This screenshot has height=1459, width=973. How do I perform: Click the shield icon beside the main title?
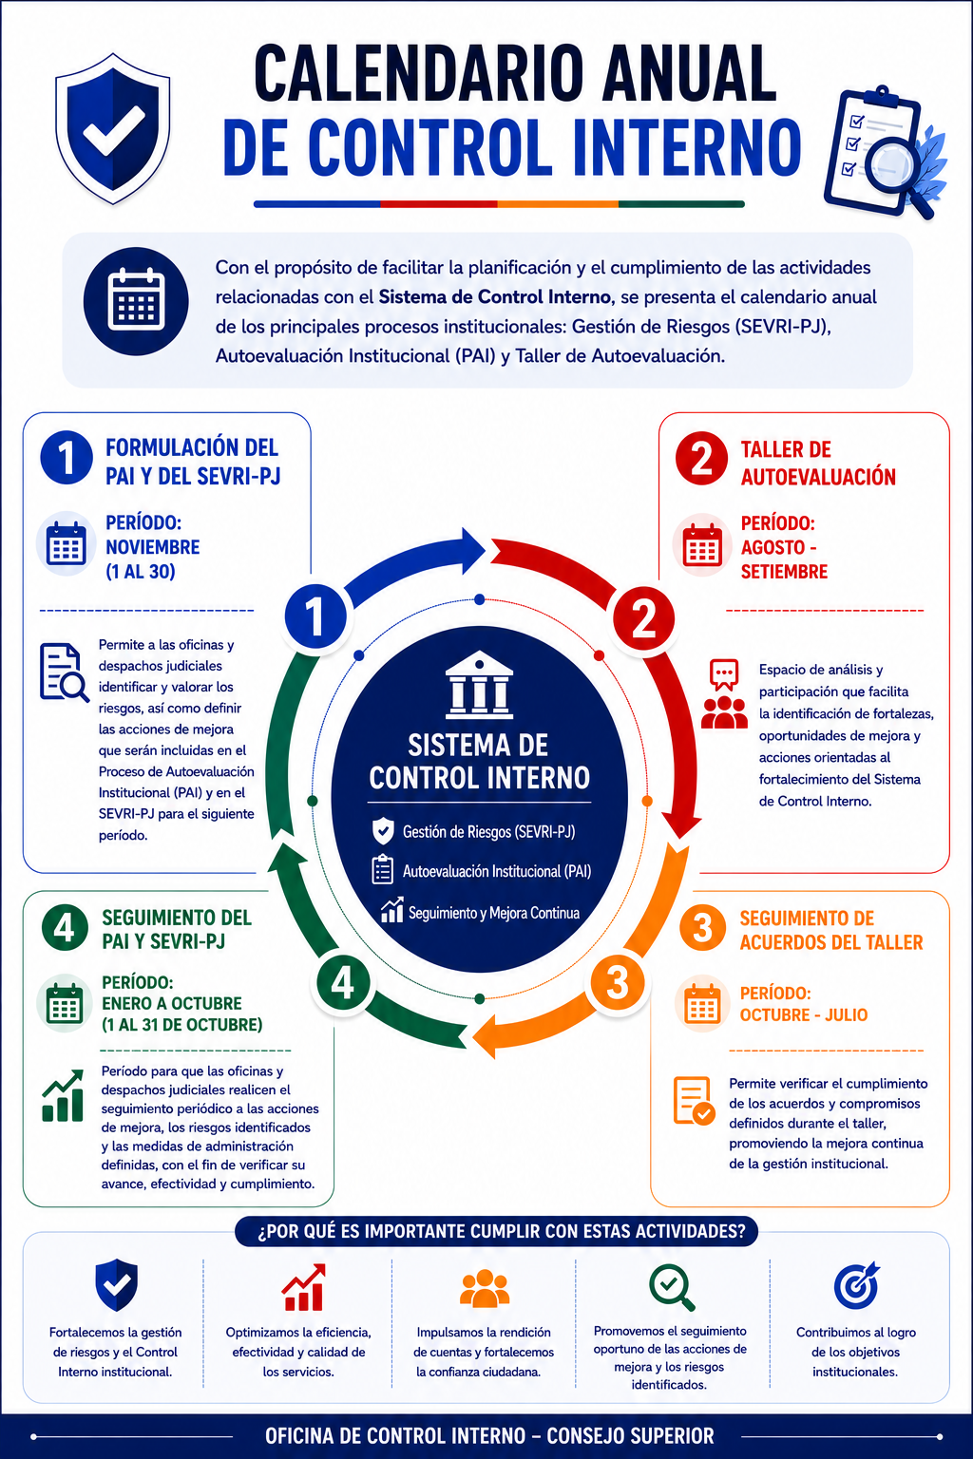point(113,128)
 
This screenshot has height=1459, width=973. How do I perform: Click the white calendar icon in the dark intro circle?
point(136,299)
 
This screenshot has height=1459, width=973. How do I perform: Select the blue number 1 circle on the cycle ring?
point(315,616)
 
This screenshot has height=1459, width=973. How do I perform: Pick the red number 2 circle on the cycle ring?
point(643,618)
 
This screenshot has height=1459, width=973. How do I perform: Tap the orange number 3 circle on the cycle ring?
point(618,982)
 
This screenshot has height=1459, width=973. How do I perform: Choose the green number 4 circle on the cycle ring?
point(343,983)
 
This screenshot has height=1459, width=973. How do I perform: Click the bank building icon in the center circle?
point(480,684)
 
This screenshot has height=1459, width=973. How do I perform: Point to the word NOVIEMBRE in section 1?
point(152,547)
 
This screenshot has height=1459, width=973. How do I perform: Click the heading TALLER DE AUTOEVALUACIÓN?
point(818,464)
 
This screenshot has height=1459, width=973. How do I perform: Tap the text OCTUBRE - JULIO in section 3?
point(804,1014)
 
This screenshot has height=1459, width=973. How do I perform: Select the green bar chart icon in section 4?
point(63,1095)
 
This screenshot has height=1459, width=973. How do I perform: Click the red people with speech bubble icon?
point(724,694)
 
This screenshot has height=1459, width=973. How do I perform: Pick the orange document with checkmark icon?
point(694,1101)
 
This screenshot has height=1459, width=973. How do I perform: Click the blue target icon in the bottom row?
point(856,1285)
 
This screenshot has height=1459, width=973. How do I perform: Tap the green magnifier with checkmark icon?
point(671,1287)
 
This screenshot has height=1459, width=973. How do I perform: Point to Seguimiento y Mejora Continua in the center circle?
point(494,913)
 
